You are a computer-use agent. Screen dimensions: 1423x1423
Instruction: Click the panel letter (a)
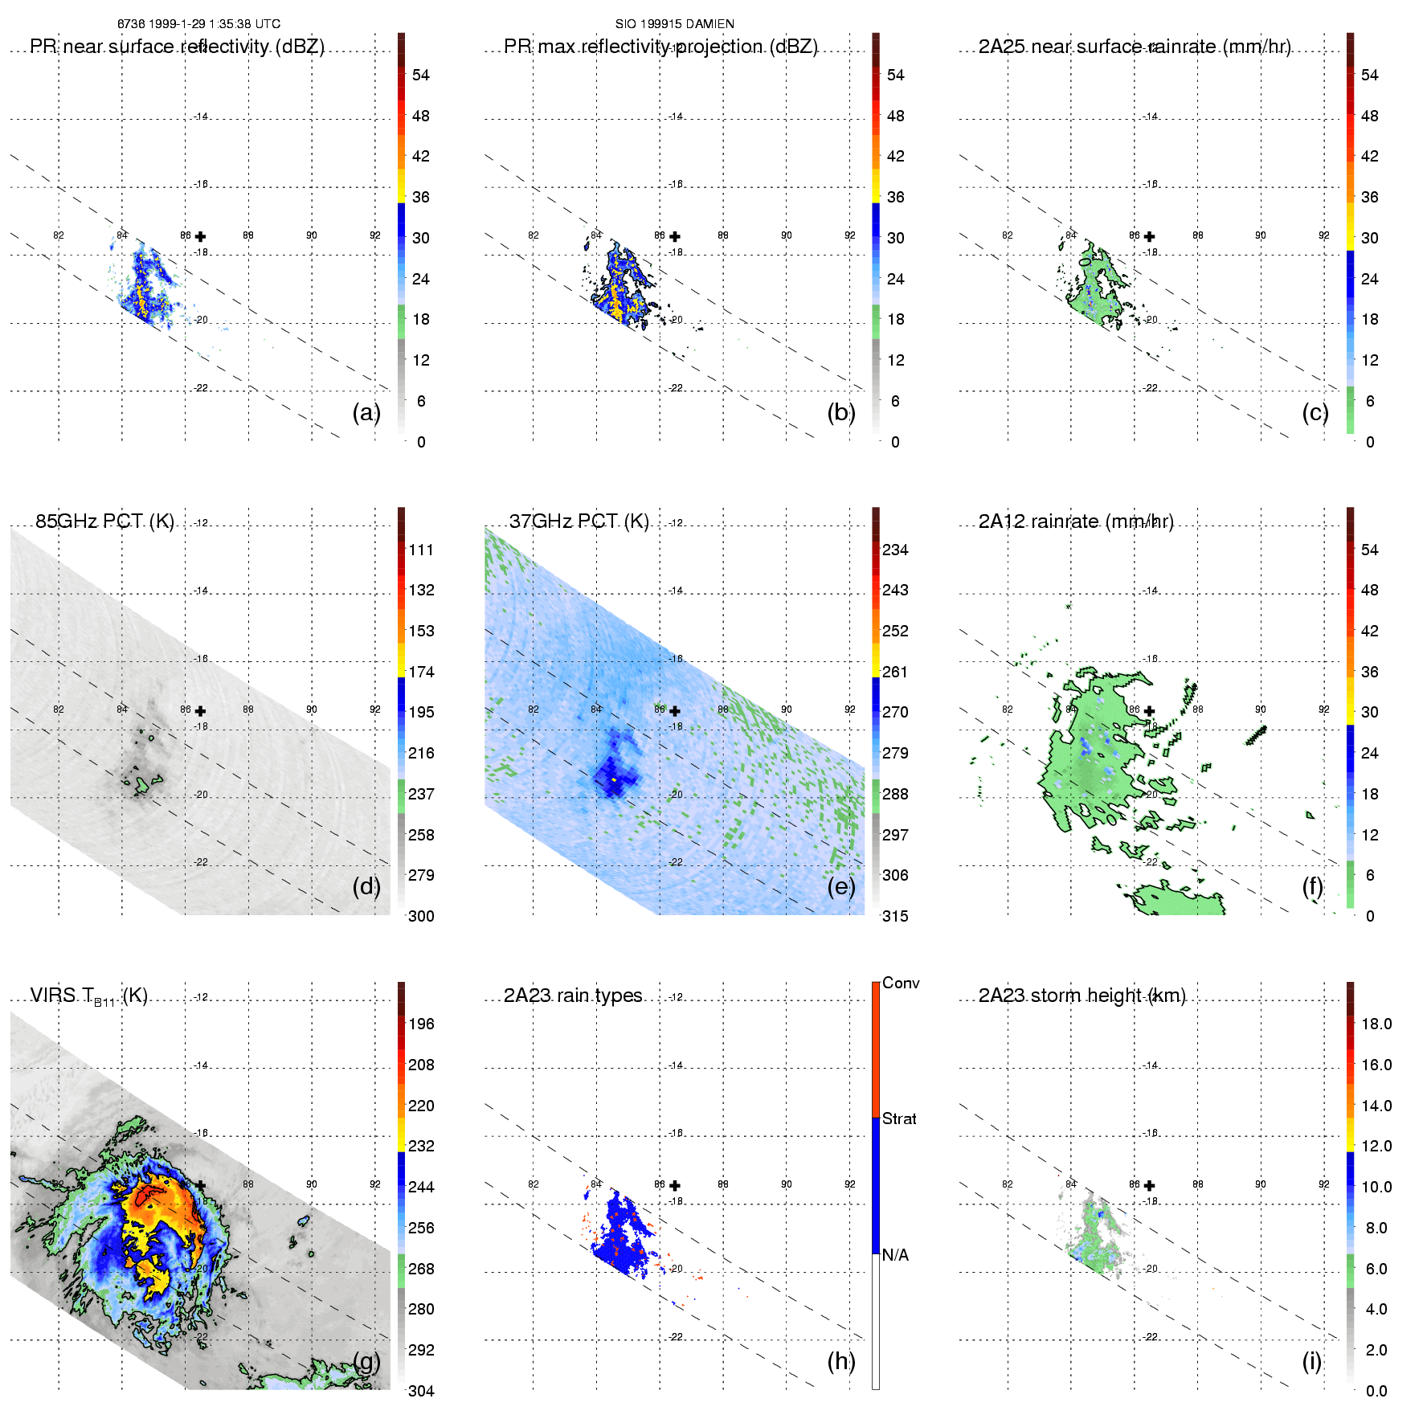click(366, 412)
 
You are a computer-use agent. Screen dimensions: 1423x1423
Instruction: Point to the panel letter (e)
click(840, 886)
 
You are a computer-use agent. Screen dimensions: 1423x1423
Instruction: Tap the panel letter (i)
click(1311, 1361)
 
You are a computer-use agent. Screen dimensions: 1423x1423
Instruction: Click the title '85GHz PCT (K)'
click(104, 521)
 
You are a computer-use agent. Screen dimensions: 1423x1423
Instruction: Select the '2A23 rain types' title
click(573, 996)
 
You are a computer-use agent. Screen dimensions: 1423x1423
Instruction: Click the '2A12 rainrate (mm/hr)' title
click(1076, 521)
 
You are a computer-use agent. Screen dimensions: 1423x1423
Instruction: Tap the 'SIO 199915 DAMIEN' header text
click(675, 24)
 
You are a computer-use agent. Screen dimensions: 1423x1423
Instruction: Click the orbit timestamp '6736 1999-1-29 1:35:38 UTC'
click(199, 24)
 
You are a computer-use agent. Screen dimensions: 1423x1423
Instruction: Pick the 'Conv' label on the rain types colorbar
click(901, 983)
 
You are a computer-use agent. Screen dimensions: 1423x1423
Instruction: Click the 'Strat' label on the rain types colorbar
click(899, 1118)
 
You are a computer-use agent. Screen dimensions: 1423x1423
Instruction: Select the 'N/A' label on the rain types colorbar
click(895, 1255)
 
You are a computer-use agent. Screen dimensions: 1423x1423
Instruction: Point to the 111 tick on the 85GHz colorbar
click(421, 550)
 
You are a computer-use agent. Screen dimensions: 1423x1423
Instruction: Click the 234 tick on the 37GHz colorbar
click(895, 550)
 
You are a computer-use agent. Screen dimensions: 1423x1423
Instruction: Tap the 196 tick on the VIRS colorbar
click(421, 1024)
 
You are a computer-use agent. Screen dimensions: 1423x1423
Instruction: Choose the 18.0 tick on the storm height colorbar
click(1376, 1024)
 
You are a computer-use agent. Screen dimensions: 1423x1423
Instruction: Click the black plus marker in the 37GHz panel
click(675, 711)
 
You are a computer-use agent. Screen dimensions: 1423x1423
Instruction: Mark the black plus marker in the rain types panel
click(675, 1185)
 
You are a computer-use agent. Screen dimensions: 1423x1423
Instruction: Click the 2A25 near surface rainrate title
click(1135, 47)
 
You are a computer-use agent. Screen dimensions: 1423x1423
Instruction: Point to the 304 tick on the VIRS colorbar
click(421, 1391)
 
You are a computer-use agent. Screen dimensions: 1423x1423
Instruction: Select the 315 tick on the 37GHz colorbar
click(895, 916)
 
